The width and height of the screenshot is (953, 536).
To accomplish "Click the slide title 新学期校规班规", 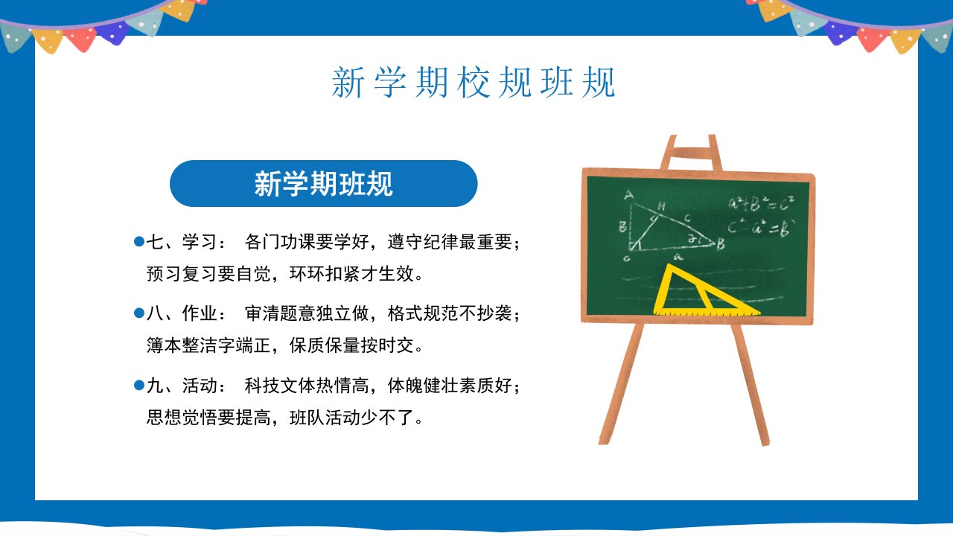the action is tap(473, 82).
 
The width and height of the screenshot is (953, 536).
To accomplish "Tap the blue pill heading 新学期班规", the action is tap(323, 183).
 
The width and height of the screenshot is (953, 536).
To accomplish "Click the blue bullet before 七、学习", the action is tap(138, 242).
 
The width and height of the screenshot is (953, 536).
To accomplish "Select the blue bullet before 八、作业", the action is tap(138, 313).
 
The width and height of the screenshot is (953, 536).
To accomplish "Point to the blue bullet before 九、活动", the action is tap(138, 386).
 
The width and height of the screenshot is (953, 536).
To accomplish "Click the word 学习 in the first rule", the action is tap(200, 242).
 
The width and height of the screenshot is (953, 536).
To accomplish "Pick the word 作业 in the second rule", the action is tap(200, 313).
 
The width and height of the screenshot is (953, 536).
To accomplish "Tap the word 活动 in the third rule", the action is tap(200, 386).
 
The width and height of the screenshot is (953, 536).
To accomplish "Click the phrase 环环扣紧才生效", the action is tap(351, 273).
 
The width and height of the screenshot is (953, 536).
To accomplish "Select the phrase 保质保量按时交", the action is tap(351, 345).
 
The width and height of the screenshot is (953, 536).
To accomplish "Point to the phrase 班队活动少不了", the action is tap(351, 418).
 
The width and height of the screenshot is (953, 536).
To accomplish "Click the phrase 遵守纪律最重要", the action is tap(450, 242).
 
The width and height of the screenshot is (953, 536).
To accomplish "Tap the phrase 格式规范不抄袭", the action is tap(450, 313).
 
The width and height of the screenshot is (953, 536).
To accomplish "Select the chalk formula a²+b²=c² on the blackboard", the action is tap(761, 204).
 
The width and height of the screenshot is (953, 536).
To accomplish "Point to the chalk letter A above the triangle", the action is tap(629, 195).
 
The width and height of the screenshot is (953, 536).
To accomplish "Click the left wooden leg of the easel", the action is tap(621, 383).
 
